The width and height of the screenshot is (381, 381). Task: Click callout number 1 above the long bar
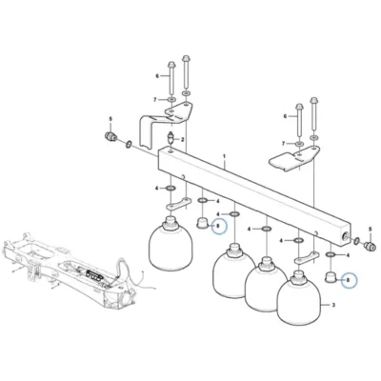point(224,156)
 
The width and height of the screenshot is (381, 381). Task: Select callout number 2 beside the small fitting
point(183,139)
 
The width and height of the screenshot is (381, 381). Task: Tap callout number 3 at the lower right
point(333,306)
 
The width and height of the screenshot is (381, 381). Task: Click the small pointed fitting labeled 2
point(171,138)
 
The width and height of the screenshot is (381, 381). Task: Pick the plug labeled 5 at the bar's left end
point(110,136)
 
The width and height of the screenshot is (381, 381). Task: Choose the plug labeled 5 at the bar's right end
point(371,246)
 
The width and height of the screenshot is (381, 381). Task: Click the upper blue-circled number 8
point(218,226)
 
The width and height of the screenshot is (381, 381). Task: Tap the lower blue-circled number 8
point(348,280)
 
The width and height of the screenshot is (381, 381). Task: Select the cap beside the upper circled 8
point(202,223)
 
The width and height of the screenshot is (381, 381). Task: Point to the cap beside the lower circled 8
point(331,277)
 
